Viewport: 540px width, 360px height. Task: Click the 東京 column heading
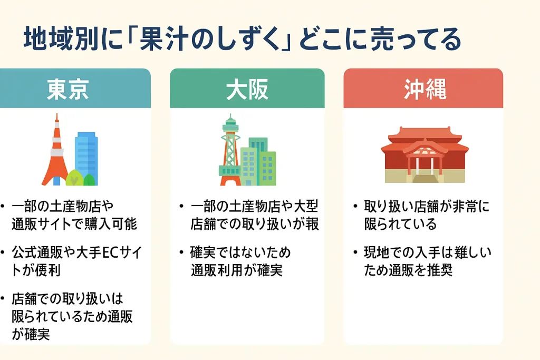click(x=68, y=90)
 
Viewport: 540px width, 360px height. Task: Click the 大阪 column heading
click(x=247, y=90)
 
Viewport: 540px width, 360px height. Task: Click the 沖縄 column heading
click(x=425, y=90)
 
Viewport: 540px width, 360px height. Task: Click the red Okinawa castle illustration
click(x=425, y=154)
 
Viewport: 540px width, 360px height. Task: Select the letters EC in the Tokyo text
click(x=110, y=252)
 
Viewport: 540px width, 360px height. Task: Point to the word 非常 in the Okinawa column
click(x=464, y=206)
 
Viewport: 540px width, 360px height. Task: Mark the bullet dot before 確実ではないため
click(x=181, y=252)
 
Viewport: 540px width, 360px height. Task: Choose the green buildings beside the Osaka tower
click(x=258, y=162)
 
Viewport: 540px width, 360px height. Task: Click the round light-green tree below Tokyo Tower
click(x=74, y=178)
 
